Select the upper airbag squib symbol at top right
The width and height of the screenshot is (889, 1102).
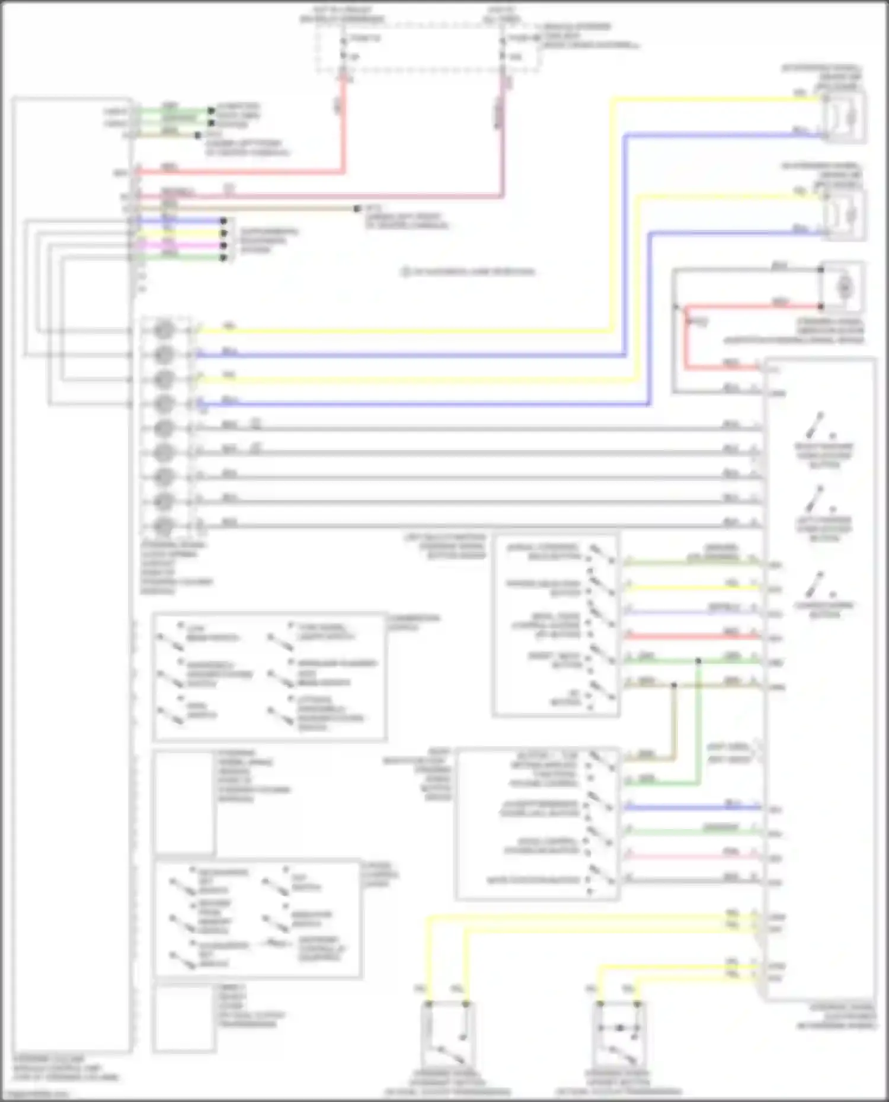click(843, 117)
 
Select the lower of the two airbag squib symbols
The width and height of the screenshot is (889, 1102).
click(843, 216)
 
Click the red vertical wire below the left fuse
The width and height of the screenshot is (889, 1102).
click(343, 130)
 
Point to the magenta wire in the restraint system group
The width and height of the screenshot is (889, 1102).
click(178, 245)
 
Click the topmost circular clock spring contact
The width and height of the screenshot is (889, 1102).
click(164, 330)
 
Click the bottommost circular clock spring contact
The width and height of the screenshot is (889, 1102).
click(164, 525)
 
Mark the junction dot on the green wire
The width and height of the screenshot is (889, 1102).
click(699, 661)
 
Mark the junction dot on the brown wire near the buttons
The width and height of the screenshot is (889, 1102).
click(674, 686)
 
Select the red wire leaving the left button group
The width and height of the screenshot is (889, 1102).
click(687, 637)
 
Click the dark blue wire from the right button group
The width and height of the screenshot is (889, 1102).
click(687, 807)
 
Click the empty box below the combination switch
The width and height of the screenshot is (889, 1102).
click(184, 802)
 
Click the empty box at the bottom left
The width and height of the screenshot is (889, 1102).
click(184, 1018)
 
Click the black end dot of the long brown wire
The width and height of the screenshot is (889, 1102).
click(357, 209)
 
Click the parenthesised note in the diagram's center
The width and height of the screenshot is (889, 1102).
click(468, 272)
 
